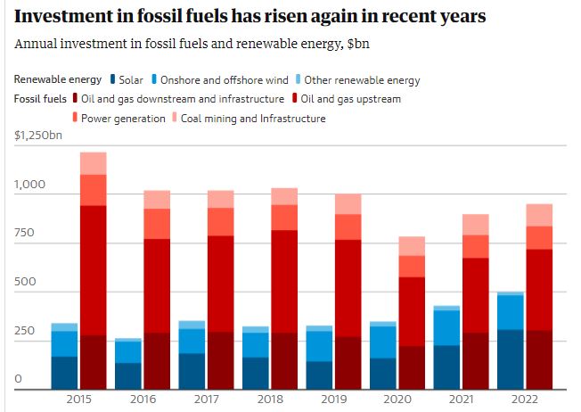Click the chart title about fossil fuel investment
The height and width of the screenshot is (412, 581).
click(x=250, y=17)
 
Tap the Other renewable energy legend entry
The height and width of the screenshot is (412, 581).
click(x=356, y=80)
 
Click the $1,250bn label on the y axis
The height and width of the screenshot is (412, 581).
click(x=38, y=136)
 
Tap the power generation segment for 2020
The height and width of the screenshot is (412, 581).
click(x=412, y=266)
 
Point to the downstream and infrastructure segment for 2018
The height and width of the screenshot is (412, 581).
click(x=284, y=361)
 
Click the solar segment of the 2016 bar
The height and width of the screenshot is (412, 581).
click(x=127, y=375)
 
